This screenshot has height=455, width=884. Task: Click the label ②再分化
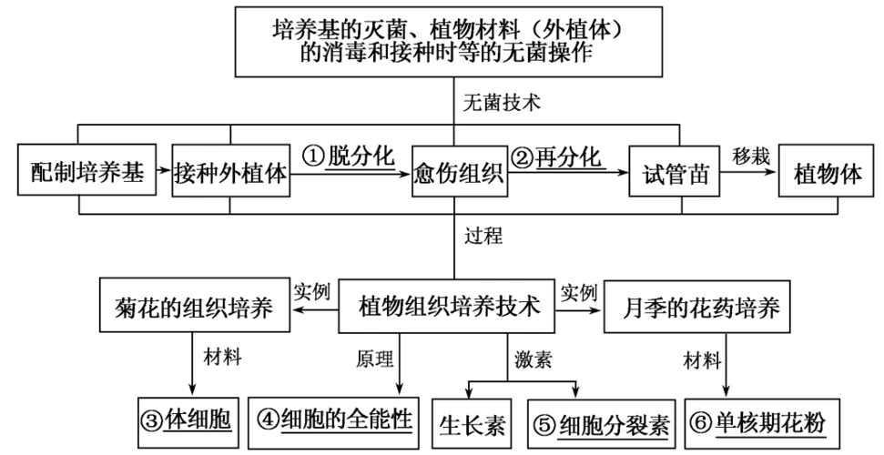tap(557, 157)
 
